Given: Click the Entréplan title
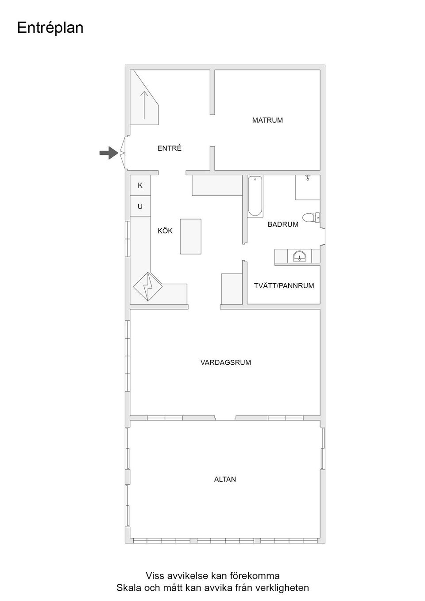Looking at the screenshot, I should coord(50,28).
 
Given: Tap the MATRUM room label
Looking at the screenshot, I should coord(267,120).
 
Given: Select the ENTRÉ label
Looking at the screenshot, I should coord(170,149).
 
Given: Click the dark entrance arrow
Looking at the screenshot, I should coord(108,153).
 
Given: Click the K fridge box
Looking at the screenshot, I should coord(140,185).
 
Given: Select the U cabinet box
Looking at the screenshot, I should coord(140,207).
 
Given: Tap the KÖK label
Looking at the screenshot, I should coord(165,231).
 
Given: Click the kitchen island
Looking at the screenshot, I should coord(190,236).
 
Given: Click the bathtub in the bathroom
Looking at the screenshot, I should coord(255,196).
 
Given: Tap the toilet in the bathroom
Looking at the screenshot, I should coord(311,217).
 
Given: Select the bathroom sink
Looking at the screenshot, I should coord(300,256).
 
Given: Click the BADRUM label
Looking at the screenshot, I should coord(283,224).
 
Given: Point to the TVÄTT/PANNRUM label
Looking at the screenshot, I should coord(284,286).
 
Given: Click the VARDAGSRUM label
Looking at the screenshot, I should coord(225,362).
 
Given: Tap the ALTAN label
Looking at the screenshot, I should coord(225,479).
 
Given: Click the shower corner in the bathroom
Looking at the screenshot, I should coord(308,187).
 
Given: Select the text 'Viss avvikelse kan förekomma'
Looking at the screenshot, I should coord(212,576).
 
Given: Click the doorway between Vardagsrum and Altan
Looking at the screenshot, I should coord(225,418).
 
